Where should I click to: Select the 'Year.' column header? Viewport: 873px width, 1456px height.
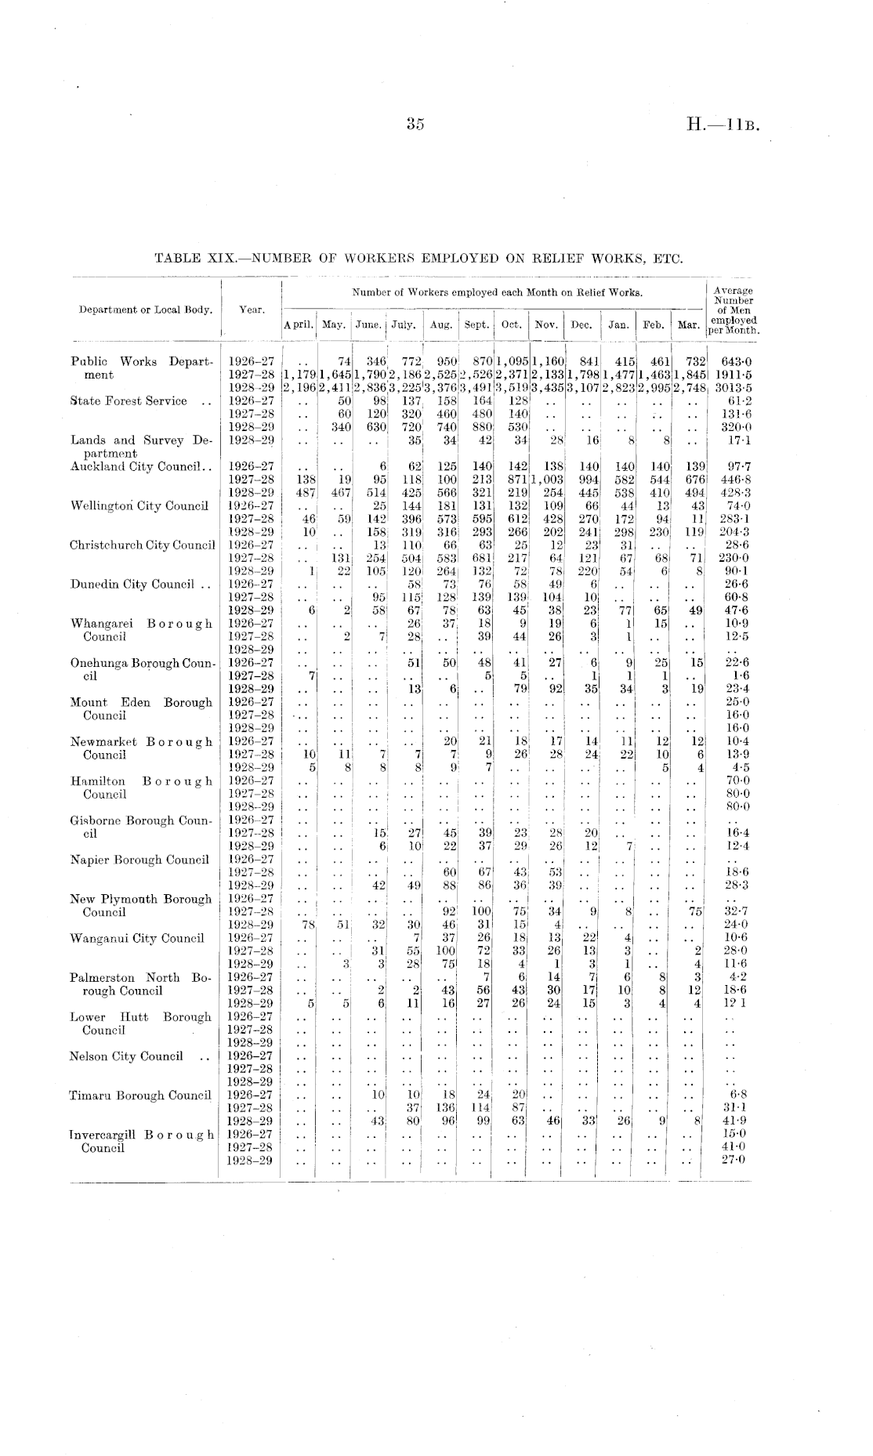(x=252, y=310)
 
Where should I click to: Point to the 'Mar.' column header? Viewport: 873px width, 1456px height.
(x=688, y=324)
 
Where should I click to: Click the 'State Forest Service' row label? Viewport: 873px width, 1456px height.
(x=129, y=401)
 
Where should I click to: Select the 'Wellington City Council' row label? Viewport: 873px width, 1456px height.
(x=140, y=505)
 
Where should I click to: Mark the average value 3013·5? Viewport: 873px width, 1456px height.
(x=734, y=388)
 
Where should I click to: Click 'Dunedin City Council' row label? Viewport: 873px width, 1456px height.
(x=132, y=584)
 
